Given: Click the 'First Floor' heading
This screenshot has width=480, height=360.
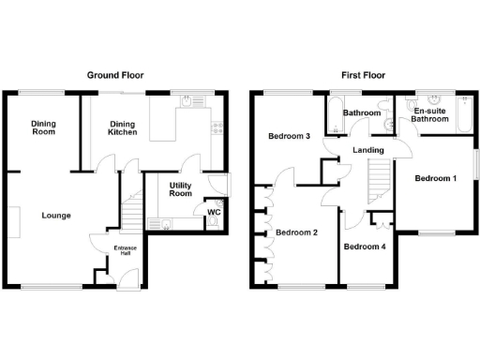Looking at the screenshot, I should [x=362, y=75].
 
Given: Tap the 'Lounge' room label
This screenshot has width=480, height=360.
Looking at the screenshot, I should [x=55, y=215].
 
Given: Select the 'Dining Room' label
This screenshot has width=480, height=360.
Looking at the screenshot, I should [x=42, y=127].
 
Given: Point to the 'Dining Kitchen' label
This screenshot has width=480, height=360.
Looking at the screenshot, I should [x=123, y=127].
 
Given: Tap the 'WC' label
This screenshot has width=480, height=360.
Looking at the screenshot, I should [x=213, y=212].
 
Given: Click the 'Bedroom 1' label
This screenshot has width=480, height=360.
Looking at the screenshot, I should [x=436, y=179].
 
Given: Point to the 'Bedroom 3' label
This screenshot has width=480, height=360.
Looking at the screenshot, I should [x=289, y=137].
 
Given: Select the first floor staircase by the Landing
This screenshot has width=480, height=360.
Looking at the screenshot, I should [x=378, y=179].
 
